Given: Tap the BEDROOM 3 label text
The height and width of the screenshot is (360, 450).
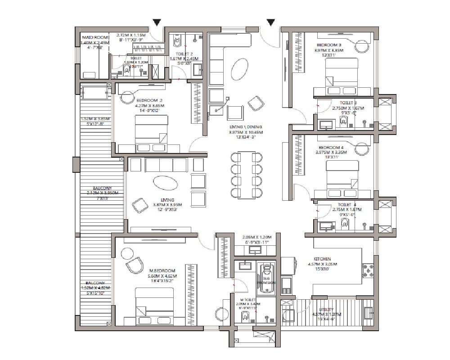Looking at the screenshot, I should click(329, 45).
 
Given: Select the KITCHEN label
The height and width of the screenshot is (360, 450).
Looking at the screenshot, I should click(323, 259).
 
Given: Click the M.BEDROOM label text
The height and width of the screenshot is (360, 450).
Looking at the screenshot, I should click(162, 270).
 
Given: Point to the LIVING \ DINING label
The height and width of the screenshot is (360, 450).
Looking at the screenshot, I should click(245, 126).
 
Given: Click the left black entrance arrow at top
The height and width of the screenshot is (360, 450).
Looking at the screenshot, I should click(157, 22).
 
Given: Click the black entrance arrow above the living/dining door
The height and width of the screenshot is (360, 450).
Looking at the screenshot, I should click(271, 22).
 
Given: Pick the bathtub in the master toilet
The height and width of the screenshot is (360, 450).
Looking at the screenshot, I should click(267, 279).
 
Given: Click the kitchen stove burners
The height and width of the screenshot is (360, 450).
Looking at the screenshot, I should click(367, 270).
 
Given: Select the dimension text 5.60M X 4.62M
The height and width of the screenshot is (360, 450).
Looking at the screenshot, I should click(162, 276).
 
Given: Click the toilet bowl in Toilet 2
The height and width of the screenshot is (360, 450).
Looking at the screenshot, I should click(177, 41).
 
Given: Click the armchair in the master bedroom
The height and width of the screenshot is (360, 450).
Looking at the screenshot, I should click(133, 265).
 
